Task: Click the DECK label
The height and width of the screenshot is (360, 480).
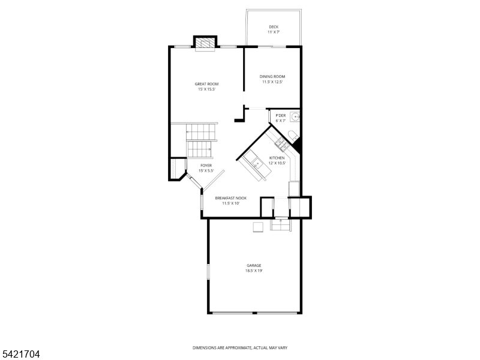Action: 274,27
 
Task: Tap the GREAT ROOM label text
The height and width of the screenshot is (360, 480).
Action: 206,84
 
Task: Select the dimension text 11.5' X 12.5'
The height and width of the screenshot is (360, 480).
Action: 272,82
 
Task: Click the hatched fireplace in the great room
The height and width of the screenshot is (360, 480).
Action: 205,44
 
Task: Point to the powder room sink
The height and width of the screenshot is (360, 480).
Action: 294,116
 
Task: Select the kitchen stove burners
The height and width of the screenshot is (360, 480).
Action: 280,143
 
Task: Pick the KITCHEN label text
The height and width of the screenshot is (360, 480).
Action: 277,158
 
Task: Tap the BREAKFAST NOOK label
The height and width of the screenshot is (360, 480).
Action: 231,198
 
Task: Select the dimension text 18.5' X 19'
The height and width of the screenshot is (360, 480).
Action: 254,271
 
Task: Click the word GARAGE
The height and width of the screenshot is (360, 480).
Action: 254,265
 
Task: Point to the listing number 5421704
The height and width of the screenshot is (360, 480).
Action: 20,355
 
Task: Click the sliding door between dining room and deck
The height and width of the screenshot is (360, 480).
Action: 274,46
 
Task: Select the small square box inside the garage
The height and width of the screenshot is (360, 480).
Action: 257,226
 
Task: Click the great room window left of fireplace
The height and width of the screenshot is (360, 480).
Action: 182,46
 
